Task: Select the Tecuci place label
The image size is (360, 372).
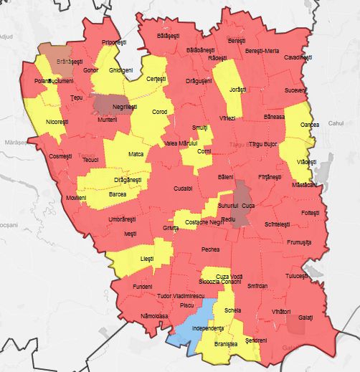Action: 90,159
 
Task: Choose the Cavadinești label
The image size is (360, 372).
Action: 298,57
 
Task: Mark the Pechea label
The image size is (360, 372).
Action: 211,249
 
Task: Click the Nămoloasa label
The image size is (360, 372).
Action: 154,315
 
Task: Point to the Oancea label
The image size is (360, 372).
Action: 310,125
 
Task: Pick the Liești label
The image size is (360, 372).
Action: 147,258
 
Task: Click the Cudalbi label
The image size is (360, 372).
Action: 183,188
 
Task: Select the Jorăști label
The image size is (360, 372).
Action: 237,90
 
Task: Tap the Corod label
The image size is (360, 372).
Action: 159,112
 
